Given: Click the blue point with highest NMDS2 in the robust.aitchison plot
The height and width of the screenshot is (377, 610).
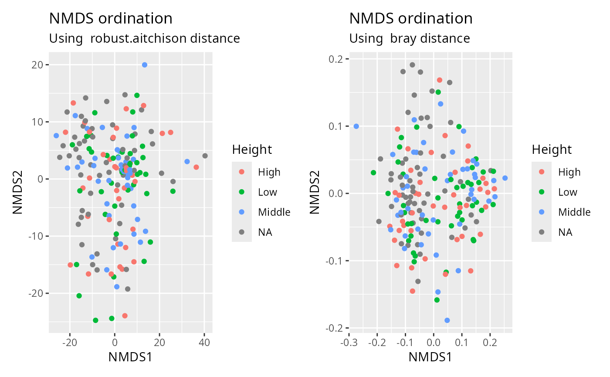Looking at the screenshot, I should (145, 65).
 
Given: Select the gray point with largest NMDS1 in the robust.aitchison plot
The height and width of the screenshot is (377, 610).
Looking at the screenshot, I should (205, 156).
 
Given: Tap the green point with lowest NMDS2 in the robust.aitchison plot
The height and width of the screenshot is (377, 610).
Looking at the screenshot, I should (95, 320).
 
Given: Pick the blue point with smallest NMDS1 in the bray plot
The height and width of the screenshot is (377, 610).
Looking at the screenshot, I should (356, 126).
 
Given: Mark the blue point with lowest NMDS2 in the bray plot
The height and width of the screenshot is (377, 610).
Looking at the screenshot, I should (447, 320).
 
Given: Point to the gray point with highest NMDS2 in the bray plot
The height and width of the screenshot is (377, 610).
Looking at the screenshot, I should (412, 65).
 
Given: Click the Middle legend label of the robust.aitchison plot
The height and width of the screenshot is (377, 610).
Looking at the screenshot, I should (274, 212).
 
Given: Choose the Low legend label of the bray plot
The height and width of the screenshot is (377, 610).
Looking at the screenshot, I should (567, 192).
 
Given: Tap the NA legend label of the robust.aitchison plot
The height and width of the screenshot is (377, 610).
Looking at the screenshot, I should (265, 232).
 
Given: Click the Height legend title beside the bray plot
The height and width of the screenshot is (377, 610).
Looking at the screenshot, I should (552, 150).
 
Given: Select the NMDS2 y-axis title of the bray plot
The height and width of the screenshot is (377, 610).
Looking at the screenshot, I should (315, 193).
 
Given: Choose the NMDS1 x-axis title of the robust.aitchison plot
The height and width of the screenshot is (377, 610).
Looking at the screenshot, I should (130, 357).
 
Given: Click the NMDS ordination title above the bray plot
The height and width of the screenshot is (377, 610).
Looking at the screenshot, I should (410, 18).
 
